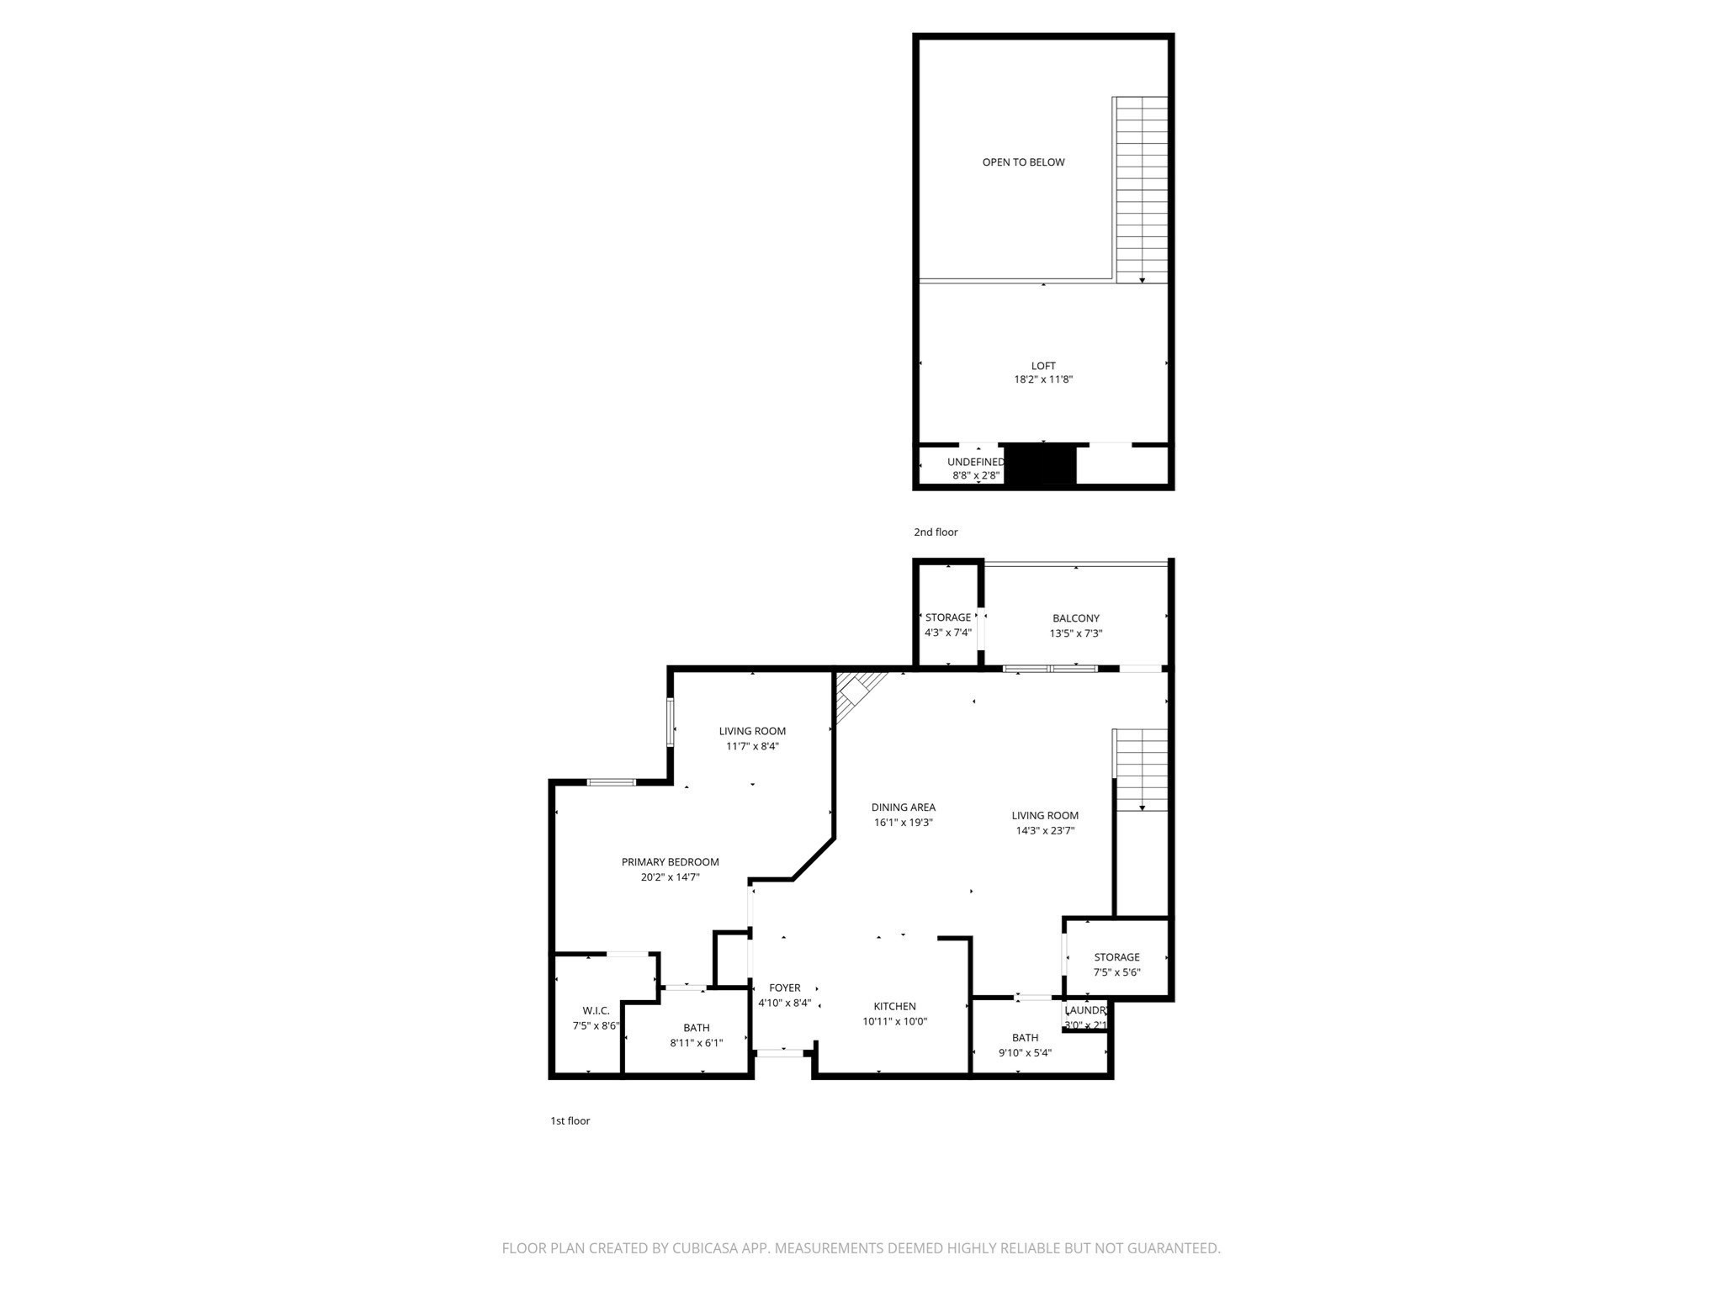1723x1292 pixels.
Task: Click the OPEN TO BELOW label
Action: (1023, 162)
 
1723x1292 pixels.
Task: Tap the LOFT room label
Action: (1043, 366)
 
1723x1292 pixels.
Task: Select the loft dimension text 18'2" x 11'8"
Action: (1043, 379)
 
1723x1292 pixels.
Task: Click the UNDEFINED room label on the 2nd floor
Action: (975, 462)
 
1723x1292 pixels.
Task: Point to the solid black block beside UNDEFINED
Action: (1041, 465)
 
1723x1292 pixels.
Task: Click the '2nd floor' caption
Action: (936, 532)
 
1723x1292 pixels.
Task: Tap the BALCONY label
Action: (1075, 618)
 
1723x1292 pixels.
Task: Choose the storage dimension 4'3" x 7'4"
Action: (948, 633)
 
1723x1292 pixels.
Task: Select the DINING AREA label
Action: (903, 807)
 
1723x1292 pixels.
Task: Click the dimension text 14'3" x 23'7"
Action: (1045, 831)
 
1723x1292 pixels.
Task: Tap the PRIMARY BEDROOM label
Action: (670, 862)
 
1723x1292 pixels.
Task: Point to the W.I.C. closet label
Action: (596, 1010)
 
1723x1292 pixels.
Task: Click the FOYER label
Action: (784, 988)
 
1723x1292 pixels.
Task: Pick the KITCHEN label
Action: (894, 1006)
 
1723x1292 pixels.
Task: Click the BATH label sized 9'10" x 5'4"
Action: (1025, 1037)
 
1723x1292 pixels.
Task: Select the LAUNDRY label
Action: (1085, 1010)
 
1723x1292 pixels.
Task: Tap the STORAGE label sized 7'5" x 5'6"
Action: (1116, 957)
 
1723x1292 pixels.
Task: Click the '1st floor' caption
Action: (570, 1120)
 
